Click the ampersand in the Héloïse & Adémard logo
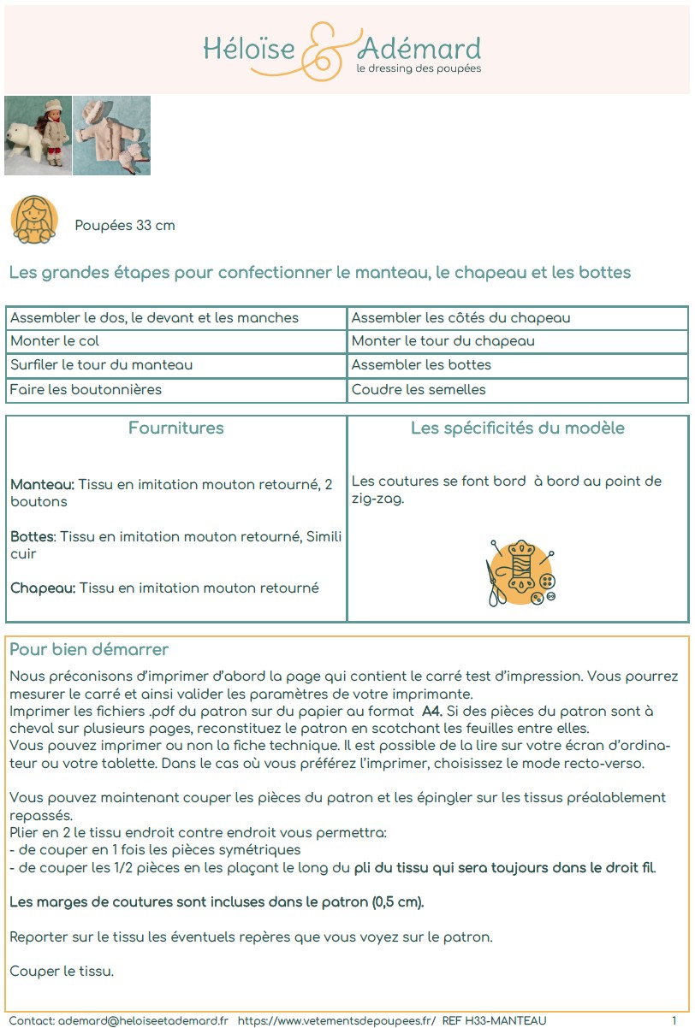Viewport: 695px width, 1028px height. tap(327, 50)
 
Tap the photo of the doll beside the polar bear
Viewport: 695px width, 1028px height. tap(38, 135)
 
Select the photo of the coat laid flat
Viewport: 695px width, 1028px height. tap(112, 135)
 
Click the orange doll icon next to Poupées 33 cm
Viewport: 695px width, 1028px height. tap(34, 220)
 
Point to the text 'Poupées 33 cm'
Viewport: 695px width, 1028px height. tap(125, 226)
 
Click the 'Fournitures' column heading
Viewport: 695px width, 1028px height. tap(176, 428)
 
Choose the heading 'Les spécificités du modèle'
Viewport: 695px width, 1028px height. tap(518, 428)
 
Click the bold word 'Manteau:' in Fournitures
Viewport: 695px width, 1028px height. tap(42, 485)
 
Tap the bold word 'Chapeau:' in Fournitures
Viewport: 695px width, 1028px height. tap(43, 588)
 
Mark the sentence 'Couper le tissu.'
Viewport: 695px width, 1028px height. tap(62, 972)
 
